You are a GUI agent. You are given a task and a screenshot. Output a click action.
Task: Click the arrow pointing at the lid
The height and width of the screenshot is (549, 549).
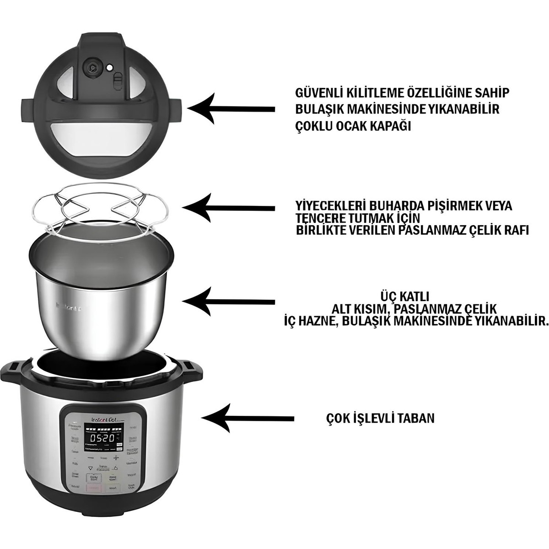click(x=231, y=108)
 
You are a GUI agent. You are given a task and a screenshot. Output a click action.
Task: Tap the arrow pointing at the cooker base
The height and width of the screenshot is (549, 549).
click(x=247, y=417)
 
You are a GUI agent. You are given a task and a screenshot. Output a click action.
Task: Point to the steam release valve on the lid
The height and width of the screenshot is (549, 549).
click(x=92, y=67)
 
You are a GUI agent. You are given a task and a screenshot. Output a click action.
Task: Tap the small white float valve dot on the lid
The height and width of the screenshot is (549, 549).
click(x=109, y=68)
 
